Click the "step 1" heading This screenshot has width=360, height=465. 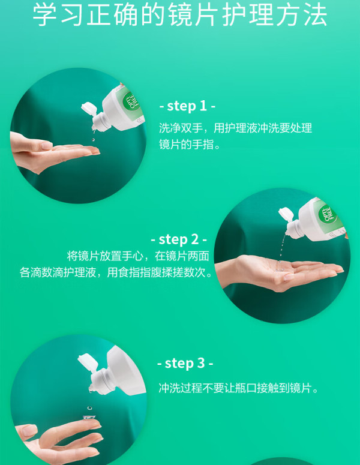(x=187, y=106)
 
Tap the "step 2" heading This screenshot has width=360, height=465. (x=179, y=239)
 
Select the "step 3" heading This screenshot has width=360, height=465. (x=185, y=363)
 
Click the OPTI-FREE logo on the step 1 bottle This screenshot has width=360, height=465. (x=131, y=101)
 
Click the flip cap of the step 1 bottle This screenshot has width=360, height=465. (x=89, y=109)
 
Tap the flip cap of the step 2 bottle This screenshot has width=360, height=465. (x=286, y=214)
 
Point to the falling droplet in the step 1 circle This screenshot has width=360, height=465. (x=94, y=140)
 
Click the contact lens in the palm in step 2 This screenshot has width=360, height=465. (x=280, y=269)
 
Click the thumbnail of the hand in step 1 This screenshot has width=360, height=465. (x=47, y=146)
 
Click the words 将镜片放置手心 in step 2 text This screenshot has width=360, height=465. (x=105, y=256)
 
